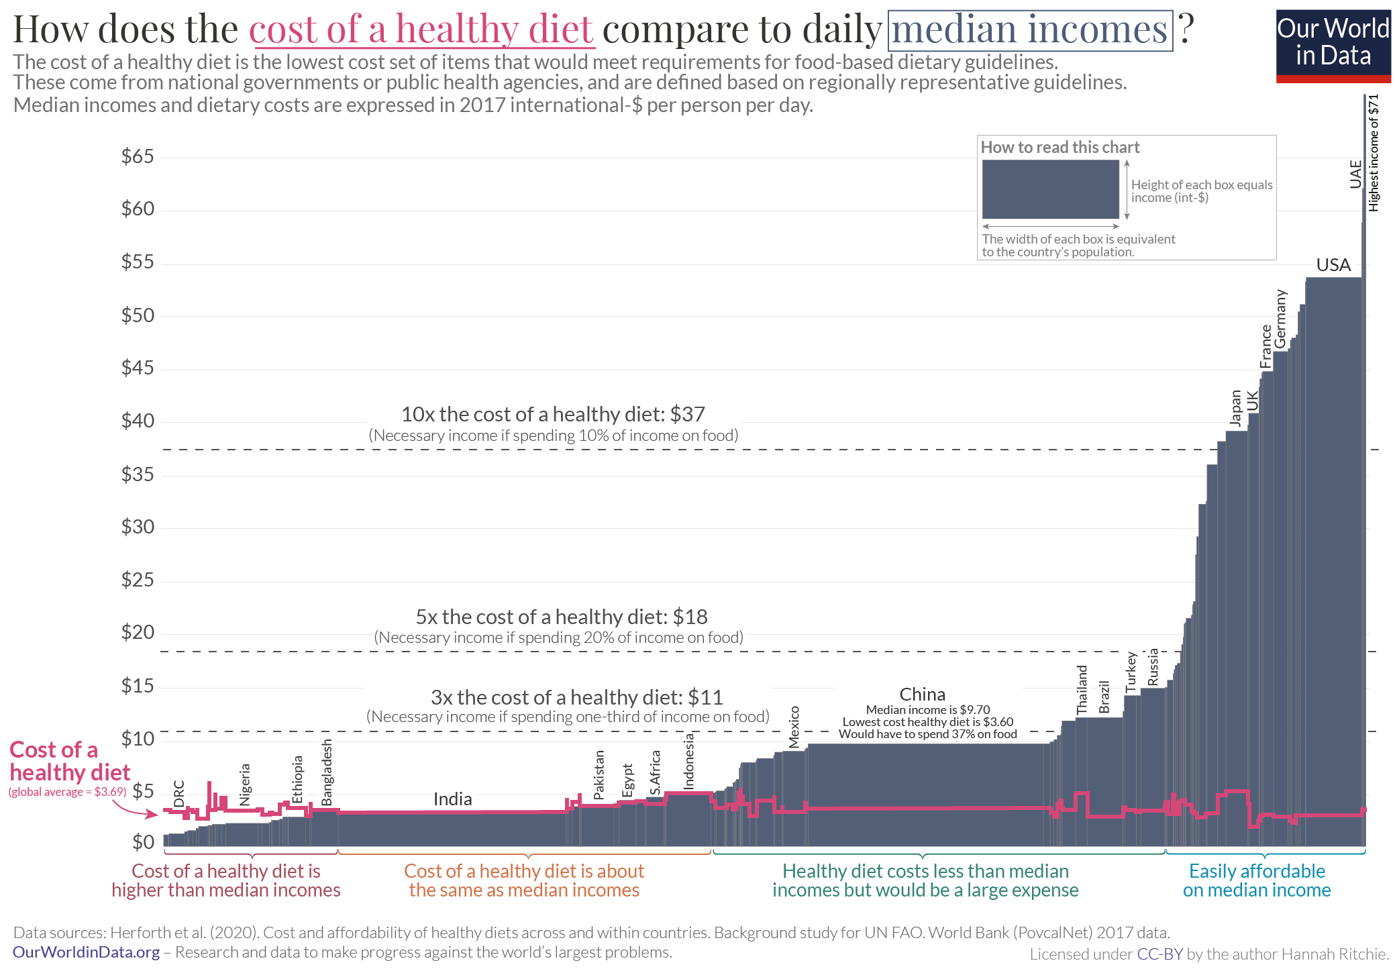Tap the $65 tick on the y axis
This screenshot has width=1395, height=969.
(138, 156)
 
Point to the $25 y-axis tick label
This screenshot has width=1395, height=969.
(138, 580)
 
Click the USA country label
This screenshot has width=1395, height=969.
(1333, 265)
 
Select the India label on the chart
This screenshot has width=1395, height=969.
(452, 799)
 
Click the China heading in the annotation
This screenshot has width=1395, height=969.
(922, 695)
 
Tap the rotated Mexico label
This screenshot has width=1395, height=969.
(794, 727)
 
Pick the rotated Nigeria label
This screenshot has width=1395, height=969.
(245, 784)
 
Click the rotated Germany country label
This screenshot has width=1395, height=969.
(1280, 319)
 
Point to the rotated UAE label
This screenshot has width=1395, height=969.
(1355, 174)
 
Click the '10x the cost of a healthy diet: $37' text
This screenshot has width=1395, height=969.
(553, 414)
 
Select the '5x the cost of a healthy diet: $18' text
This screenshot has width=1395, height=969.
(561, 617)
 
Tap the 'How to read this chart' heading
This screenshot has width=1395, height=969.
(1060, 148)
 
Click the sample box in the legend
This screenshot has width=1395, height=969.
(1050, 189)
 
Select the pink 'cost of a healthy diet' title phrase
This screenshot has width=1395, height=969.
(421, 30)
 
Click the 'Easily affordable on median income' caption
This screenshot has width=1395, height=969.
(1257, 880)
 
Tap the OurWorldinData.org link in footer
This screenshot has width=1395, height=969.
(87, 952)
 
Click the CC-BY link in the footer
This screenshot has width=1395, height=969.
(1159, 954)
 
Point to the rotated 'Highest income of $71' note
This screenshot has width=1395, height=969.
(1374, 153)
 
